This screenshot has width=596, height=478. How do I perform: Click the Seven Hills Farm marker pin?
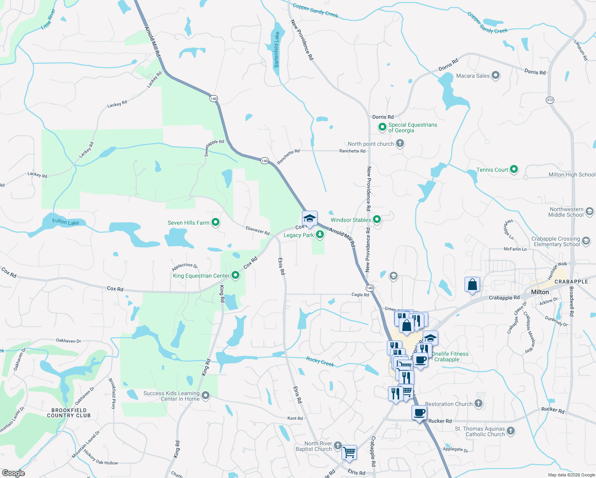(x=216, y=222)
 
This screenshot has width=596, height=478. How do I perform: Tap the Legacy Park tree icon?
(x=320, y=235)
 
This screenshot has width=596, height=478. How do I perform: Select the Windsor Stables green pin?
(x=376, y=219)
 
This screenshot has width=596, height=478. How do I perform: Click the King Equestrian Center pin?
(x=235, y=275)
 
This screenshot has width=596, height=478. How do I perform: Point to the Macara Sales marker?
(x=496, y=75)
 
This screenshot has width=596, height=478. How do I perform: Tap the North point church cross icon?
(x=400, y=143)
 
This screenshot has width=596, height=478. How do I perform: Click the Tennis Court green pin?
(x=514, y=169)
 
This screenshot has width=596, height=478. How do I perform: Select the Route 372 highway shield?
(x=550, y=100)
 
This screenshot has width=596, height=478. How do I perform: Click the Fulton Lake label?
(x=66, y=222)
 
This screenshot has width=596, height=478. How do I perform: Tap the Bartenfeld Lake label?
(x=276, y=49)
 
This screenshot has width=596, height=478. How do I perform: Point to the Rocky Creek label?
(x=320, y=361)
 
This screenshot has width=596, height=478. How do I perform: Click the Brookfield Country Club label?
(x=69, y=413)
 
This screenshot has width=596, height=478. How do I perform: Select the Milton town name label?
(x=540, y=292)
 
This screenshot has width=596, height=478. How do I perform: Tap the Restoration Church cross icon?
(x=478, y=404)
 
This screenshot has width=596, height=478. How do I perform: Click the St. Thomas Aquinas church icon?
(x=511, y=431)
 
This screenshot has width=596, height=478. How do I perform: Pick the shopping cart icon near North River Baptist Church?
(x=349, y=452)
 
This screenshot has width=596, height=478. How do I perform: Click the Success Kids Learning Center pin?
(x=206, y=396)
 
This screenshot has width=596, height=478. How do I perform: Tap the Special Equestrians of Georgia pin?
(x=382, y=127)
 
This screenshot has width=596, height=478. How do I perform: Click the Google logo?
(x=13, y=473)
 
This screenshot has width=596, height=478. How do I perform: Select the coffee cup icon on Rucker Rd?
(x=419, y=413)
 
